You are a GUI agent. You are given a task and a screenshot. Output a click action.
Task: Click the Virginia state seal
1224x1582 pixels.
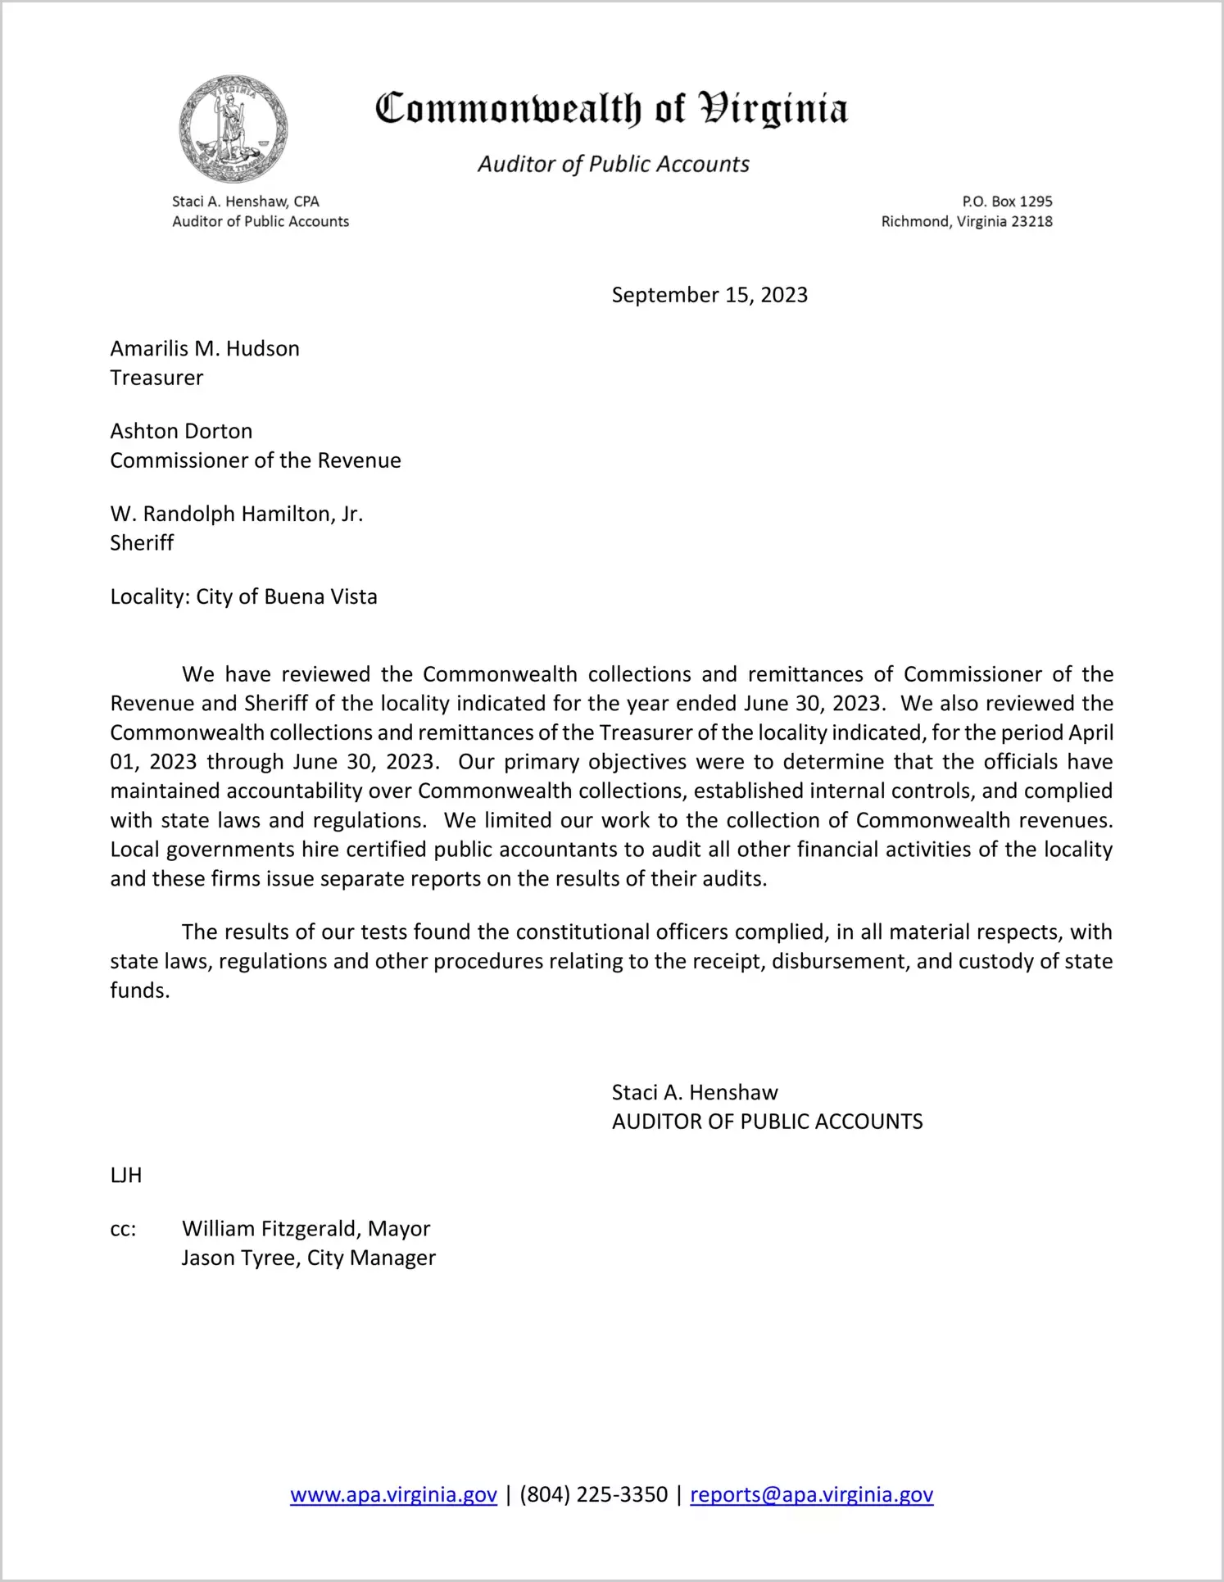(x=233, y=129)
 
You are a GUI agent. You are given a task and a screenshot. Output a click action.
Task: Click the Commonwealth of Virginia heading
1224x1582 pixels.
(x=611, y=110)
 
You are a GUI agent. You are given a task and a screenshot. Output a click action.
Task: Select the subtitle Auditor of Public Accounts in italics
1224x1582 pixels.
(x=613, y=164)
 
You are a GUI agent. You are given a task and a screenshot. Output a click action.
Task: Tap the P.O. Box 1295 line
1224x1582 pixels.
(x=1007, y=202)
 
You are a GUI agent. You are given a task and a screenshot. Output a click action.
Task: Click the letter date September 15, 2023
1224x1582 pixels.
(x=709, y=295)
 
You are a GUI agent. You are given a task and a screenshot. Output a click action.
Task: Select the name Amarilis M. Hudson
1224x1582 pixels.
(x=205, y=349)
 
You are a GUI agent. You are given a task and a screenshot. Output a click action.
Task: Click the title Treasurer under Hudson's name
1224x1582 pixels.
(x=156, y=378)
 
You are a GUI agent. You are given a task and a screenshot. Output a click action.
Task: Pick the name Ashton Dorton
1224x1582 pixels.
(x=181, y=432)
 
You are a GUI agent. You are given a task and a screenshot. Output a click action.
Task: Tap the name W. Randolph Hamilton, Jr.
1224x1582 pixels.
(x=236, y=514)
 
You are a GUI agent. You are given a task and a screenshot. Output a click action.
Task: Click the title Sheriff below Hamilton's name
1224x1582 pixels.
(x=142, y=543)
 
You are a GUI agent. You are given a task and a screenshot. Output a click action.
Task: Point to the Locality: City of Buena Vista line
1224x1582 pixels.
(x=243, y=596)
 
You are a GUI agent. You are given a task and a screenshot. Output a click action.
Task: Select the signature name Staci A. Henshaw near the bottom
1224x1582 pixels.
(x=694, y=1093)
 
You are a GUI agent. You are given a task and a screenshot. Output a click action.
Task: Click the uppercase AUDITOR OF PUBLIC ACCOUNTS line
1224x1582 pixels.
(x=767, y=1122)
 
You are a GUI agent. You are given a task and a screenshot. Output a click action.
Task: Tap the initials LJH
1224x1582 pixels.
(x=126, y=1176)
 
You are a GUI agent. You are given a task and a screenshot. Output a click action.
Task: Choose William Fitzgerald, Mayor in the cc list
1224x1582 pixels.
(x=306, y=1229)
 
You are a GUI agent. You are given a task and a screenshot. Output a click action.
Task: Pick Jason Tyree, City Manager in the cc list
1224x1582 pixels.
(x=308, y=1258)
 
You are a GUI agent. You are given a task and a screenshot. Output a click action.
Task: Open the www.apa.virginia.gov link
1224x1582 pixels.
(x=393, y=1494)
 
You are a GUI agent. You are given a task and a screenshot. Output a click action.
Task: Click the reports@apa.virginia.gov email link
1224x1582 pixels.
(x=811, y=1494)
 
